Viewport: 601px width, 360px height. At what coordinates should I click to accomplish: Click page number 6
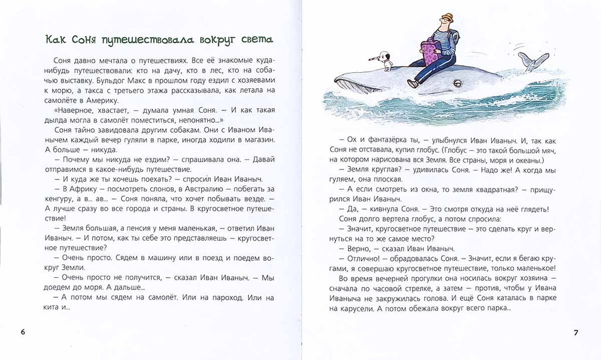tap(23, 332)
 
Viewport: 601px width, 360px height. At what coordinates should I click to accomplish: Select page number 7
tap(576, 333)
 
